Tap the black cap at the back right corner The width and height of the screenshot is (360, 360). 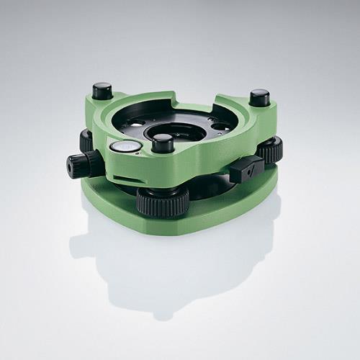259,97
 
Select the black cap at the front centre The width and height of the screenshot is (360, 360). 163,143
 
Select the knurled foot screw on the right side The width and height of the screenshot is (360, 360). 270,150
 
